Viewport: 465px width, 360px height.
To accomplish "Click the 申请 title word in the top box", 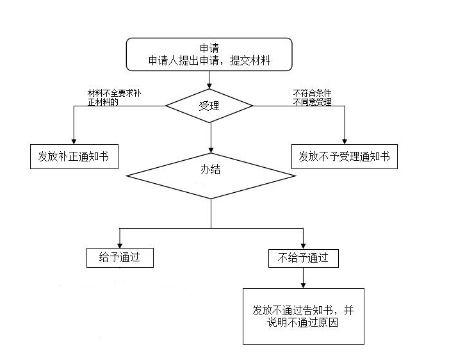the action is pos(209,48).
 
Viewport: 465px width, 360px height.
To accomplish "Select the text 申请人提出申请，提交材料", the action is pos(209,61).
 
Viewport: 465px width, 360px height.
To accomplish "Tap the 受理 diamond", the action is pos(209,106).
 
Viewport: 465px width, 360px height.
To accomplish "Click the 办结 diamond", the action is pos(211,176).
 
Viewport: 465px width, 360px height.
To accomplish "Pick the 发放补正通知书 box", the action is pos(74,156).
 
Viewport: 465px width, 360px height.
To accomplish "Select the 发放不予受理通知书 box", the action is pos(345,156).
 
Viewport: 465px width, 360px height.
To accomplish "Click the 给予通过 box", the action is pos(120,258).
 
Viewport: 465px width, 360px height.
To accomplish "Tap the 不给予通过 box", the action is pos(304,258).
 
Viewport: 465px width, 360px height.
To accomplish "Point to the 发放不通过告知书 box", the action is pos(304,316).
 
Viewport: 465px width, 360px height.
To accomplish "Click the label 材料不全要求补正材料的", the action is pos(114,97).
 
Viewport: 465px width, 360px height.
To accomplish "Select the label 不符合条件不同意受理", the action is pos(313,97).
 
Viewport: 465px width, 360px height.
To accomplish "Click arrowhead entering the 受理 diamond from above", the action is pos(209,86).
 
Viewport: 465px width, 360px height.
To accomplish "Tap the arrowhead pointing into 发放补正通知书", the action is pos(74,142).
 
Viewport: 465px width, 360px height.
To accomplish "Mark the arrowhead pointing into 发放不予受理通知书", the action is pos(345,142).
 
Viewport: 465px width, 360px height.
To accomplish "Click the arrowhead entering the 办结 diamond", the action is pos(211,150).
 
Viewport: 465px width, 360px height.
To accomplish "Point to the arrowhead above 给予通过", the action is pos(120,245).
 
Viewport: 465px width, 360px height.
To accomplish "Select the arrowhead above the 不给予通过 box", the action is pos(303,246).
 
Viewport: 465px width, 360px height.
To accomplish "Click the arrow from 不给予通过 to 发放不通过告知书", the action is pos(303,278).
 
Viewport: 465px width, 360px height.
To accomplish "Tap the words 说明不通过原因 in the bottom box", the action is pos(302,323).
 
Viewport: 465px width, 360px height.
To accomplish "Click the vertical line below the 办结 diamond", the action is pos(211,213).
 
